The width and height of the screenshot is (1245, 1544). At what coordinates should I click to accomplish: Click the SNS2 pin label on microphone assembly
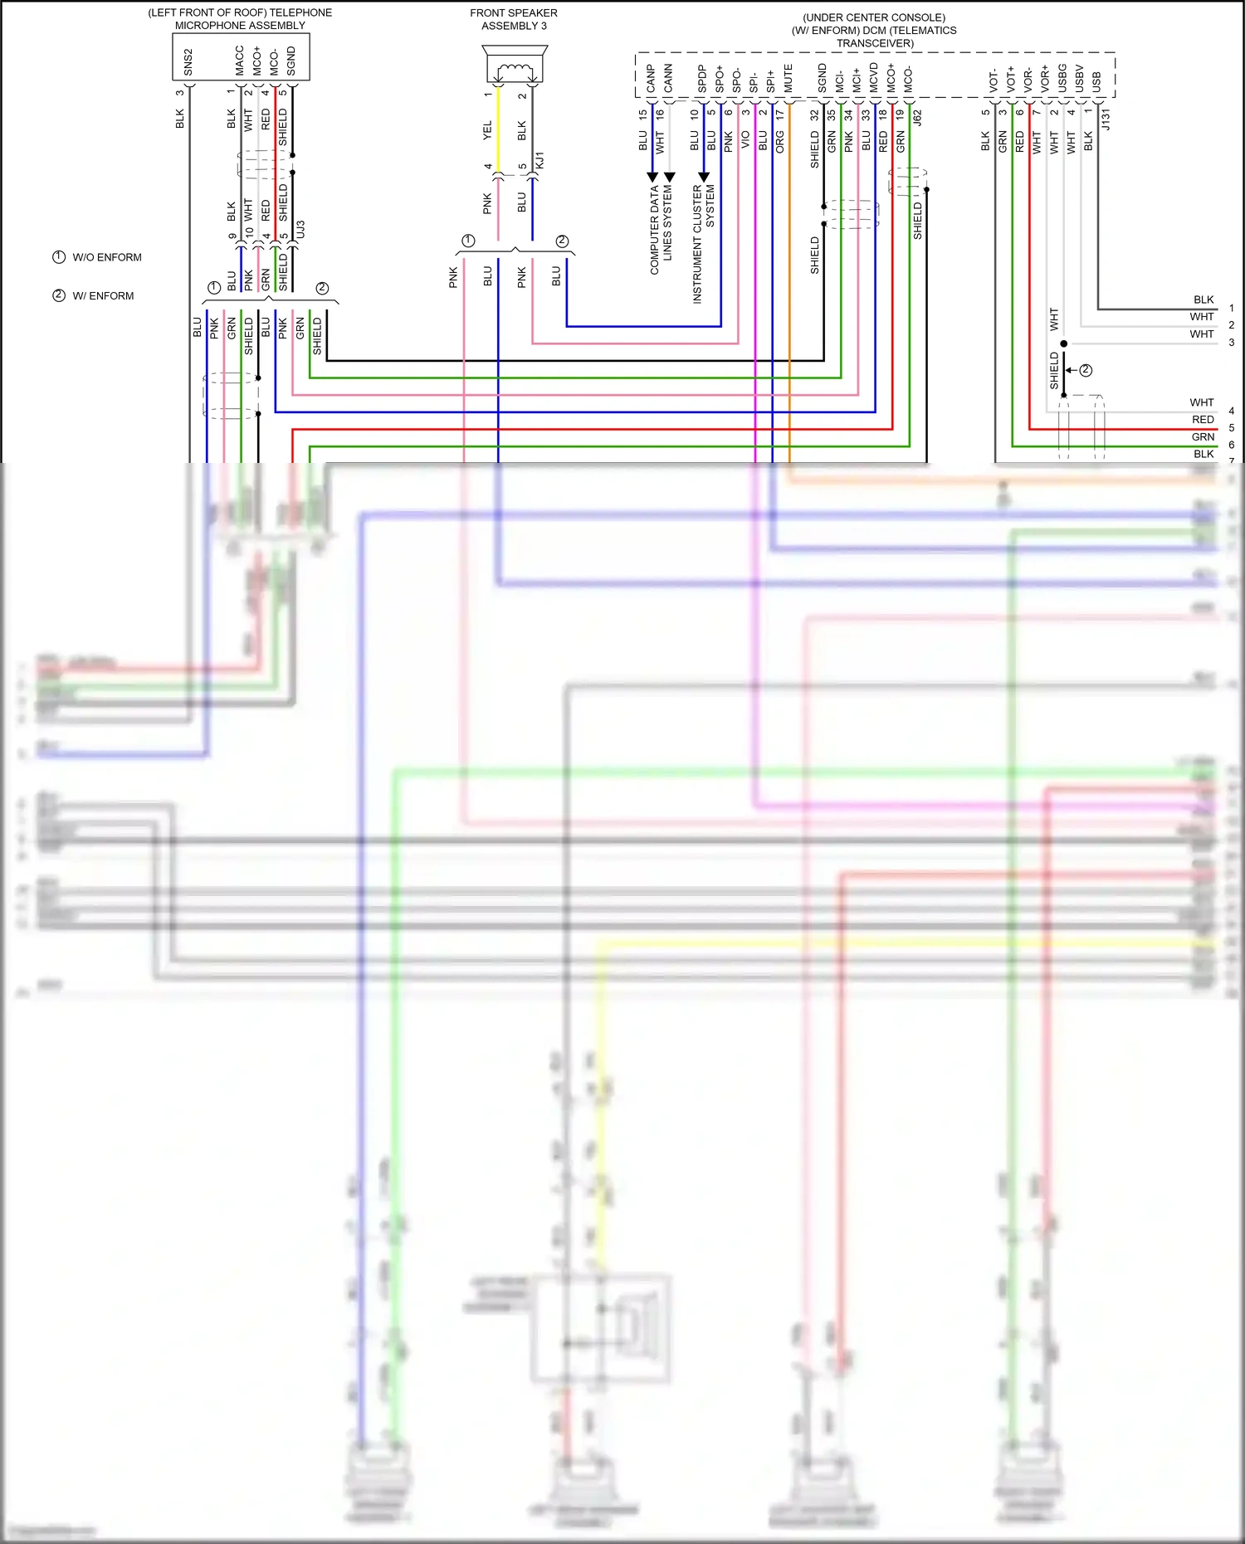click(188, 62)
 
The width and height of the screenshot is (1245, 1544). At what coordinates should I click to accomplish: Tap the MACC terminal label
click(240, 61)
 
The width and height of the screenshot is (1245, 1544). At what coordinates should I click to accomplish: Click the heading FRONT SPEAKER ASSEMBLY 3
click(514, 19)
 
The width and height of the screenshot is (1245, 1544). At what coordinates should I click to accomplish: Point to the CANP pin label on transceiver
click(651, 79)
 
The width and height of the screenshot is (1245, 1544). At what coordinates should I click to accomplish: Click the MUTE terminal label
click(788, 78)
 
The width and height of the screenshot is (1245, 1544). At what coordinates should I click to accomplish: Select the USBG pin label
click(1062, 78)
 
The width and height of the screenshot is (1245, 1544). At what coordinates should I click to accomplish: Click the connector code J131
click(1106, 120)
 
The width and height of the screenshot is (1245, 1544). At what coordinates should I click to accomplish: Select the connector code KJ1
click(539, 161)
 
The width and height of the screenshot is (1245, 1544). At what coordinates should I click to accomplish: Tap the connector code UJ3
click(300, 230)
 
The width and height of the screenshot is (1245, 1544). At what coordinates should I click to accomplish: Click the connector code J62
click(917, 119)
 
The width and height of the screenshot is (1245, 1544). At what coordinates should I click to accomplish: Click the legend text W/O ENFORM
click(107, 257)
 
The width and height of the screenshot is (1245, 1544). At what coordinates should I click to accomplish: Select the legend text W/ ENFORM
click(103, 296)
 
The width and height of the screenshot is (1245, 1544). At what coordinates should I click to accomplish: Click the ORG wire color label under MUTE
click(780, 142)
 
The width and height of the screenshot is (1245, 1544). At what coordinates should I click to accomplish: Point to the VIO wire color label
click(745, 139)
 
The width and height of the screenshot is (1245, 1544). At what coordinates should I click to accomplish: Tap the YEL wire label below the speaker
click(487, 130)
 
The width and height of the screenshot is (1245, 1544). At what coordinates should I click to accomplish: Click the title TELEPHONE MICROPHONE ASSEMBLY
click(240, 19)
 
